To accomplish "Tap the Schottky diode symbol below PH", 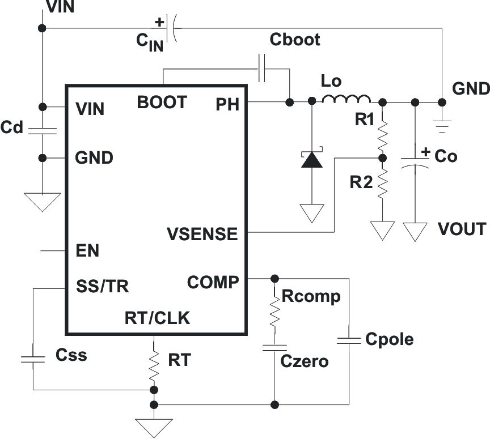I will point(311,160).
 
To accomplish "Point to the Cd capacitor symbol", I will point(42,131).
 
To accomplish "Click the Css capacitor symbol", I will point(33,358).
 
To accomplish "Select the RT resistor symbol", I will point(154,365).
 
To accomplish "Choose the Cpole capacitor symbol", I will point(348,340).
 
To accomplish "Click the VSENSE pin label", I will point(202,233).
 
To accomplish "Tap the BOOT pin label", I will point(162,103).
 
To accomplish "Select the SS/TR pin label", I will point(102,287).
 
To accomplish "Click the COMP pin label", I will point(213,282).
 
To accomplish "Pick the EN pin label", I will point(87,251).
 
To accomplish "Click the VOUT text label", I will point(462,229).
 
